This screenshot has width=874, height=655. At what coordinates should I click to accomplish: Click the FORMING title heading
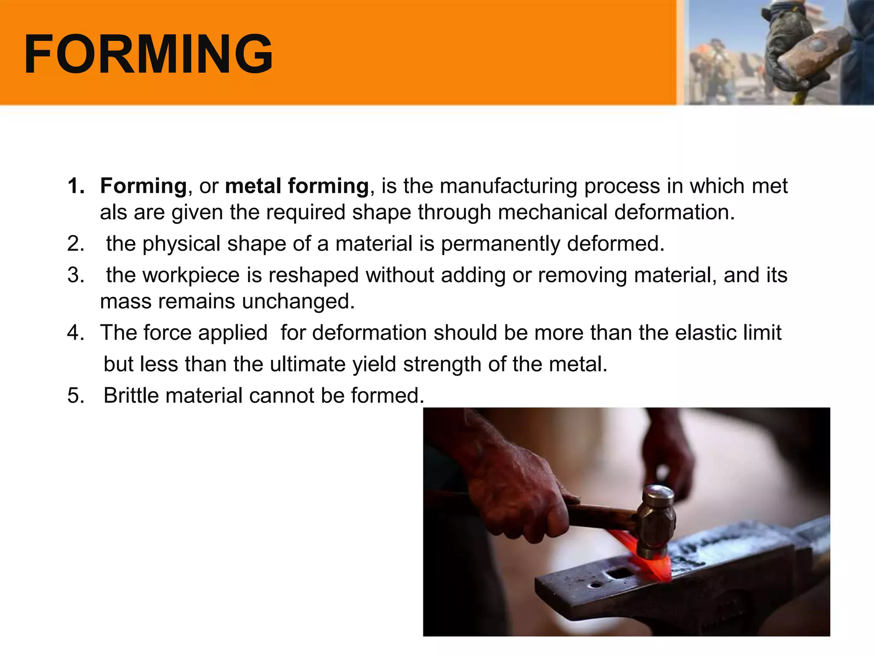click(148, 54)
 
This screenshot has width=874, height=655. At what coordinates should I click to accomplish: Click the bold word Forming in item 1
click(143, 186)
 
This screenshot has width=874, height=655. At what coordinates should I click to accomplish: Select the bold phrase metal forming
click(297, 186)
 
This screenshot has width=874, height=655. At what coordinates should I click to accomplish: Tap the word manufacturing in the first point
click(508, 186)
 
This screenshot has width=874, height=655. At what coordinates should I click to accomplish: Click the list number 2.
click(76, 243)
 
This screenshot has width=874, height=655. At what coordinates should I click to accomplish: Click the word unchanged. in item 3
click(298, 301)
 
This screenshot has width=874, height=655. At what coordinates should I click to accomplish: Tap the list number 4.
click(76, 333)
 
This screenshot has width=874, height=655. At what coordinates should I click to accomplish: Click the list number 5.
click(76, 395)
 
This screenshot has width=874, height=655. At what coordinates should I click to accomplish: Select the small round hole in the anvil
click(594, 585)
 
